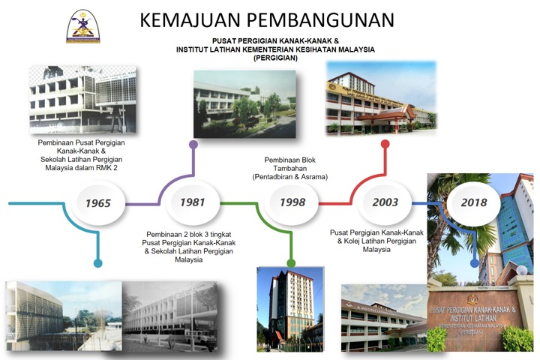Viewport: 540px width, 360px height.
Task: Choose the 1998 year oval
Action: pyautogui.click(x=292, y=202)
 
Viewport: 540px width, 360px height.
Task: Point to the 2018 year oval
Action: pyautogui.click(x=473, y=202)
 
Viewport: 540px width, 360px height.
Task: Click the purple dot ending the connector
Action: pyautogui.click(x=193, y=143)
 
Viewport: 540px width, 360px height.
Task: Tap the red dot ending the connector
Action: pyautogui.click(x=385, y=143)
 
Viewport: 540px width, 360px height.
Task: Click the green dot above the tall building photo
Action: pyautogui.click(x=291, y=263)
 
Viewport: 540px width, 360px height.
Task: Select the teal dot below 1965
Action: pyautogui.click(x=97, y=263)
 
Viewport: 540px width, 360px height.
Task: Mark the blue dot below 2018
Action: pyautogui.click(x=474, y=263)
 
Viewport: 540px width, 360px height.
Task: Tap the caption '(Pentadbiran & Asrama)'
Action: pyautogui.click(x=291, y=177)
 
